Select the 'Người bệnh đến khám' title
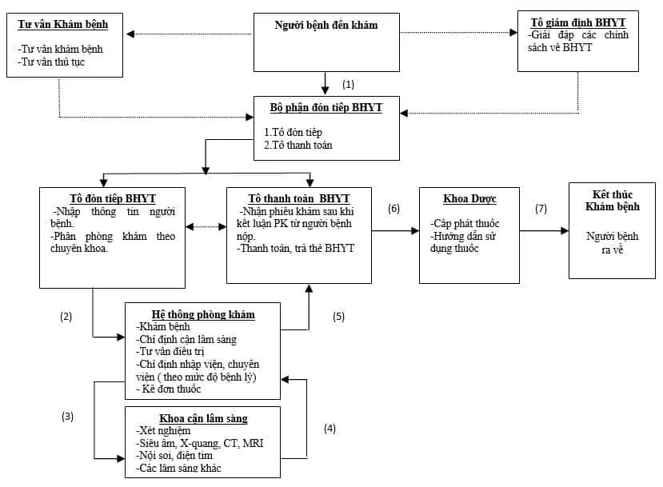tap(326, 25)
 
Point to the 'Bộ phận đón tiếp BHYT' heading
tap(326, 108)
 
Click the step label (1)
tap(348, 84)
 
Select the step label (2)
tap(66, 316)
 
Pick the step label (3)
tap(66, 417)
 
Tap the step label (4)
tap(330, 428)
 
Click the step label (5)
tap(338, 316)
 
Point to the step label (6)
tap(393, 209)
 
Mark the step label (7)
tap(541, 209)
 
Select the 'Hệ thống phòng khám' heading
tap(203, 314)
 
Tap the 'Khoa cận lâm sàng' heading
tap(203, 418)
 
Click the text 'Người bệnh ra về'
tap(612, 244)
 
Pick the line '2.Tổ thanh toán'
tap(298, 146)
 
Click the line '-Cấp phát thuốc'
tap(465, 224)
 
